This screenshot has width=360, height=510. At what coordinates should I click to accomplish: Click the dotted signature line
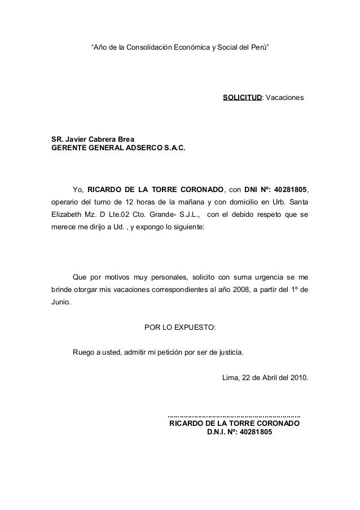click(234, 415)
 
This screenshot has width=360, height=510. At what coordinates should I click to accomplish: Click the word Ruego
click(84, 353)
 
